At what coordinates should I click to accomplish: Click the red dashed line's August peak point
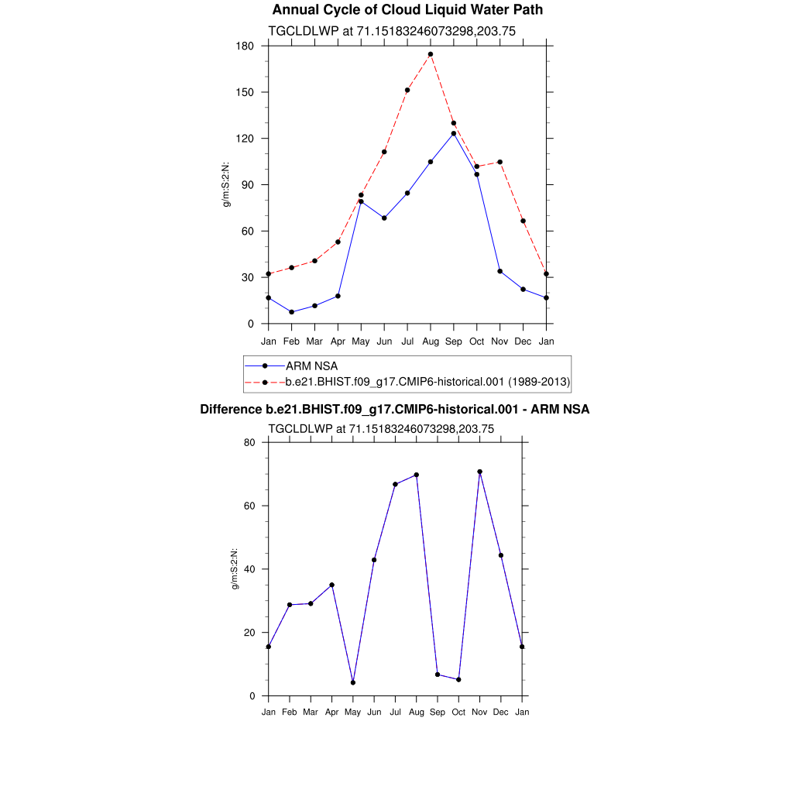point(431,54)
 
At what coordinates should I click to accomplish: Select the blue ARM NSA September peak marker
point(454,133)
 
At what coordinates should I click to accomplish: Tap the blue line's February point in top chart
point(291,312)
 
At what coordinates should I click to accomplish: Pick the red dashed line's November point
point(500,162)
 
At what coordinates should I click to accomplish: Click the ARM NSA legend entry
point(311,366)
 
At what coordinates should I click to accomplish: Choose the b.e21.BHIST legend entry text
point(427,381)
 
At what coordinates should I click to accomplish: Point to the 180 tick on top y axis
point(247,46)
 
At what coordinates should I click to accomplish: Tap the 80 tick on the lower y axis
point(250,442)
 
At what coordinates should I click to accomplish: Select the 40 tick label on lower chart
point(250,569)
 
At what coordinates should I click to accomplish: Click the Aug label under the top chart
point(431,341)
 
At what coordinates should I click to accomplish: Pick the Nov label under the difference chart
point(480,712)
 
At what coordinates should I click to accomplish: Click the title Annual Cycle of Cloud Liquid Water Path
point(407,10)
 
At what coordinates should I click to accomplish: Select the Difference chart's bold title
point(395,409)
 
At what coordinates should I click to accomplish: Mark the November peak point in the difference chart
point(480,472)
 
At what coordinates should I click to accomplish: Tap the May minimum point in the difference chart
point(353,682)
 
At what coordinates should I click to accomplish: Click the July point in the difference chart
point(396,484)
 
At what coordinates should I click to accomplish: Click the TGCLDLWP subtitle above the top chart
point(391,31)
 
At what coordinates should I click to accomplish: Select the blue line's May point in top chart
point(361,201)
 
